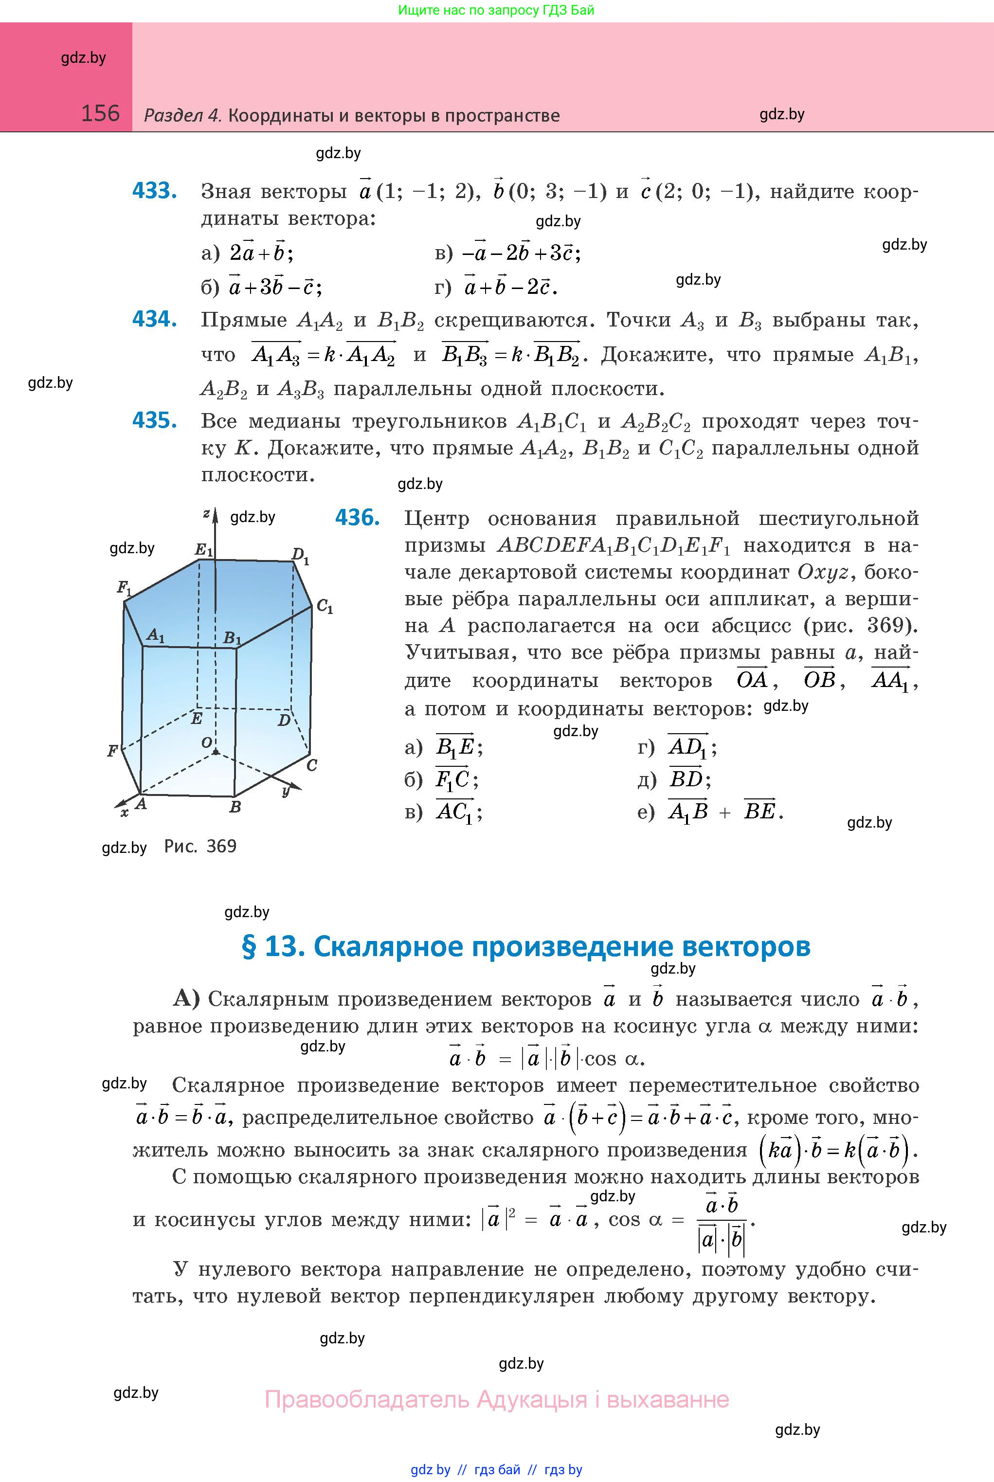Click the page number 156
(x=100, y=113)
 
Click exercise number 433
(x=154, y=191)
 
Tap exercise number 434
(x=154, y=319)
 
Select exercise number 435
(x=154, y=420)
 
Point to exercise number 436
(x=357, y=518)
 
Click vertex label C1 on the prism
(x=325, y=607)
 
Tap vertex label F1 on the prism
(x=124, y=588)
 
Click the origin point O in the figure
(x=216, y=752)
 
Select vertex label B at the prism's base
(x=235, y=807)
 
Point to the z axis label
(x=206, y=513)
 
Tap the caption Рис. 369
(x=200, y=846)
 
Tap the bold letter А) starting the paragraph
(x=186, y=999)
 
